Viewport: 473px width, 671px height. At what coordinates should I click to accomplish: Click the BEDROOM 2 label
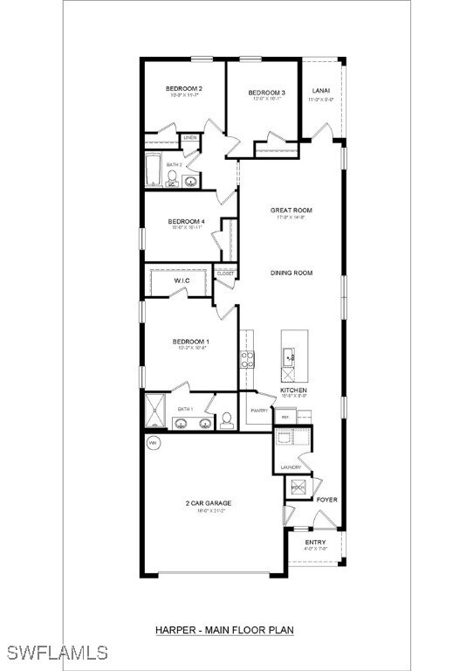pyautogui.click(x=184, y=89)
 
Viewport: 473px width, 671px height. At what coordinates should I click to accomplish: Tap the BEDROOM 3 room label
pyautogui.click(x=266, y=93)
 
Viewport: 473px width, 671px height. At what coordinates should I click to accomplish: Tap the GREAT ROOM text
pyautogui.click(x=291, y=211)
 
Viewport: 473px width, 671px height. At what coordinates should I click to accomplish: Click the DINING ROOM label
pyautogui.click(x=291, y=273)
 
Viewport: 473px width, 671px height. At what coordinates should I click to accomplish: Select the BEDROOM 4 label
pyautogui.click(x=187, y=222)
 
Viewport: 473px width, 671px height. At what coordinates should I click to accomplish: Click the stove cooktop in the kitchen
pyautogui.click(x=247, y=356)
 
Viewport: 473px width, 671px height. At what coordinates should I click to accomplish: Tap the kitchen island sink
pyautogui.click(x=289, y=355)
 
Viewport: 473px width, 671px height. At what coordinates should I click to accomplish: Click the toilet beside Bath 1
pyautogui.click(x=226, y=421)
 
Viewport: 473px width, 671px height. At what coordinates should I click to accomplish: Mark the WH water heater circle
pyautogui.click(x=154, y=442)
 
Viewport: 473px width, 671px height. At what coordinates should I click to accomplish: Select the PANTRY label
pyautogui.click(x=259, y=411)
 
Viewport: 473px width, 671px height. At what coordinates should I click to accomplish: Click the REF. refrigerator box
pyautogui.click(x=284, y=419)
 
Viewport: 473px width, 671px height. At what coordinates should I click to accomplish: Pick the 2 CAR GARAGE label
pyautogui.click(x=208, y=503)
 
